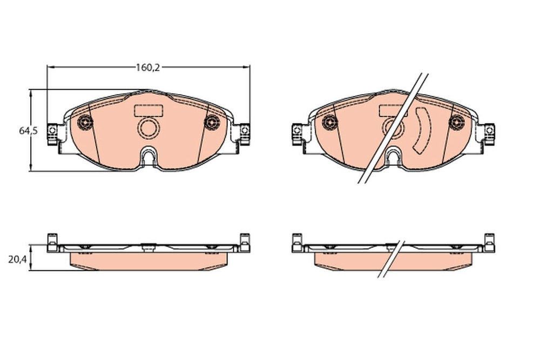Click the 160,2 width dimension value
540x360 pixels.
[147, 67]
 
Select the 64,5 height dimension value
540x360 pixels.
[29, 131]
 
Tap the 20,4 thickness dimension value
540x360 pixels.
[18, 260]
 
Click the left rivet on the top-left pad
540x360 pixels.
[85, 122]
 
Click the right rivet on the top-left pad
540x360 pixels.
[212, 122]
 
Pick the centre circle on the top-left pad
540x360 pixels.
[148, 128]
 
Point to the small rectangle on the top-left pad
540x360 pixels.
[148, 110]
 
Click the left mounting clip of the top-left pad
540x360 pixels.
[52, 134]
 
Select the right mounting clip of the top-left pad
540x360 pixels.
[244, 134]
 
